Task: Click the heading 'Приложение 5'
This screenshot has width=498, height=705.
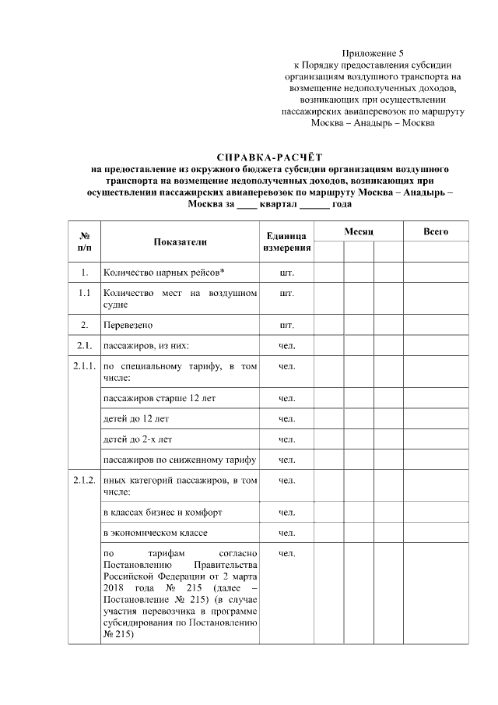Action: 373,53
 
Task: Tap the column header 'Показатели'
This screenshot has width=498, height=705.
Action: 180,241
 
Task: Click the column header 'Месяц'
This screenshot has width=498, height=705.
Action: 359,232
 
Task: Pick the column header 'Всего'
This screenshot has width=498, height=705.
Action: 435,232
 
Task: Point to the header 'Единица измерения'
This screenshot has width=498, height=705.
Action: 287,241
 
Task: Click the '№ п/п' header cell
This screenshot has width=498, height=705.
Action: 85,241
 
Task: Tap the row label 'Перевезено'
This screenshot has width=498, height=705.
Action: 128,323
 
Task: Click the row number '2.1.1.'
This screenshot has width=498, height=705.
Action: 85,365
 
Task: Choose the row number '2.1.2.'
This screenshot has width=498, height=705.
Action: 85,481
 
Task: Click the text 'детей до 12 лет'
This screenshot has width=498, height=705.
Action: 135,419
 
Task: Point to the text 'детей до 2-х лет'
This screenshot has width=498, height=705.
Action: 138,439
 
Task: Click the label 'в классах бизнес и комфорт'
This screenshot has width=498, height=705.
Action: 163,513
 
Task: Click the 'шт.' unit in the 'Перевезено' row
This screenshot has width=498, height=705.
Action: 287,323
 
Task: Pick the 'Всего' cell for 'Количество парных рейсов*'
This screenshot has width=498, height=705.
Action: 435,273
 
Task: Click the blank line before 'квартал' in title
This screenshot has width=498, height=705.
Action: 246,204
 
